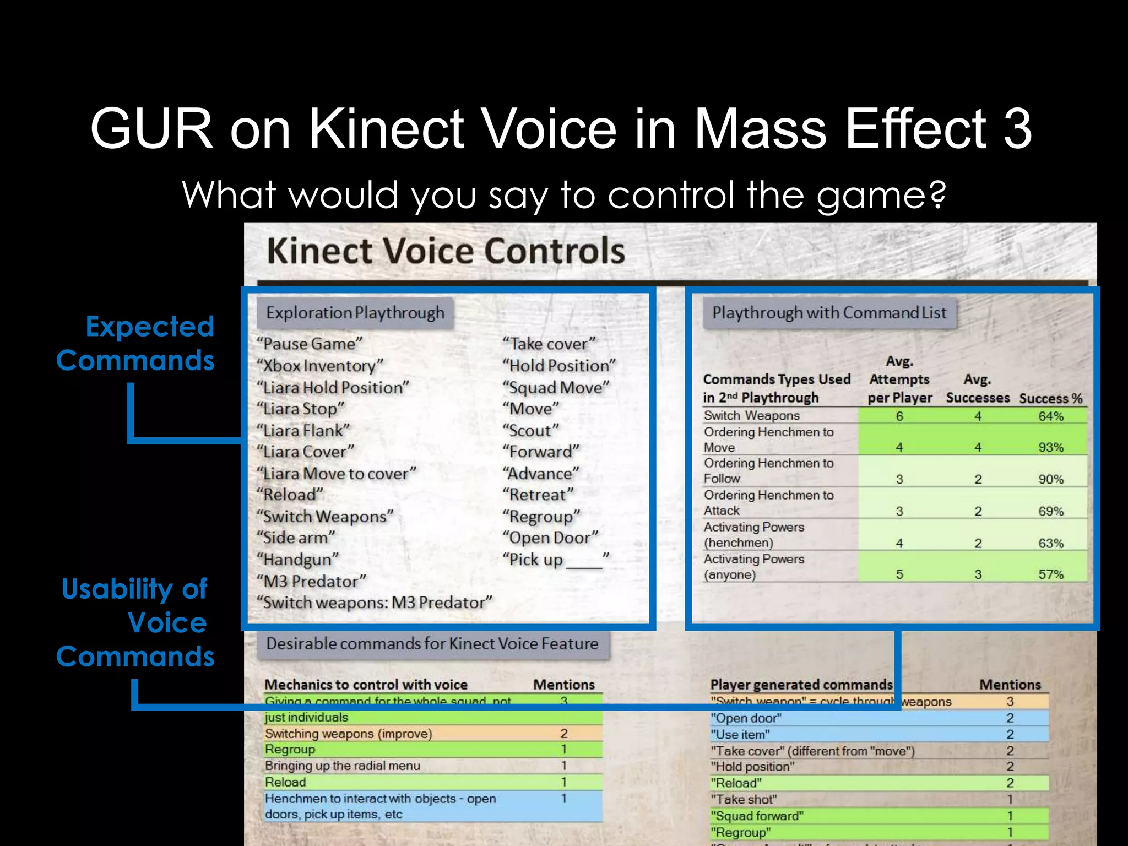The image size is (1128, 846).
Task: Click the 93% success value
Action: click(x=1050, y=447)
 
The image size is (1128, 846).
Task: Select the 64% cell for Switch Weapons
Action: click(x=1050, y=416)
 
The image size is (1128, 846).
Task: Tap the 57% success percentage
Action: click(x=1050, y=574)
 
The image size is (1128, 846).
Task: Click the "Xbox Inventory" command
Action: click(x=320, y=366)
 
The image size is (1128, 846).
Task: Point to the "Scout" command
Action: click(x=530, y=431)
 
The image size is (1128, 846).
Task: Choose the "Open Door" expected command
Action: click(x=550, y=538)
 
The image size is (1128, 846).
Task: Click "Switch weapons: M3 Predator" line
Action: click(x=375, y=603)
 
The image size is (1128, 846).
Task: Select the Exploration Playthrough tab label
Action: click(x=355, y=313)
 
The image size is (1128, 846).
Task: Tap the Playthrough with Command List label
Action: click(x=829, y=313)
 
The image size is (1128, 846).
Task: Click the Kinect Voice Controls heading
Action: click(x=446, y=251)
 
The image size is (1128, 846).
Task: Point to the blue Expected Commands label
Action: click(x=136, y=343)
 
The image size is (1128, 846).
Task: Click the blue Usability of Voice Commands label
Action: click(x=135, y=622)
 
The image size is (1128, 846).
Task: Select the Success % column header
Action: click(x=1050, y=398)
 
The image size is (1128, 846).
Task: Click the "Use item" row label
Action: click(x=740, y=735)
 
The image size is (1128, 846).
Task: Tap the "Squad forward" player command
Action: click(x=757, y=816)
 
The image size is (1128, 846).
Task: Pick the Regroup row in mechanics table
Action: click(x=290, y=750)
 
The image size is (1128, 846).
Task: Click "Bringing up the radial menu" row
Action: click(x=342, y=766)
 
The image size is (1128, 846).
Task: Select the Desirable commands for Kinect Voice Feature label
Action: click(x=432, y=644)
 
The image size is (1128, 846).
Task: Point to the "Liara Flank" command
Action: click(x=303, y=431)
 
